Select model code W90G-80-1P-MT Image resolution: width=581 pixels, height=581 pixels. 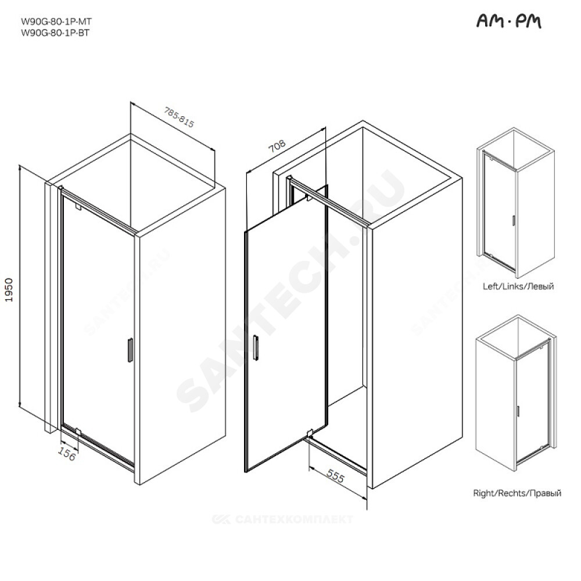click(x=56, y=21)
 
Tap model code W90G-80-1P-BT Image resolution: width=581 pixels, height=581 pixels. click(x=55, y=33)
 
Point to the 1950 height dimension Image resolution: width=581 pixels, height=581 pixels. click(x=9, y=290)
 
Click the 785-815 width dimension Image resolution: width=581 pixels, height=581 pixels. click(x=180, y=117)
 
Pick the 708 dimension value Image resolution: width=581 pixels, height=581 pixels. click(x=277, y=146)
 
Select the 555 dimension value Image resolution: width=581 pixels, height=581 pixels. click(x=335, y=476)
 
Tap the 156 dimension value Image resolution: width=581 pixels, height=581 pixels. click(x=67, y=454)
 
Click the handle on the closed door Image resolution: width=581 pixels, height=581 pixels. click(x=130, y=350)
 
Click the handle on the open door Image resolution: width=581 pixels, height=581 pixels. click(x=256, y=347)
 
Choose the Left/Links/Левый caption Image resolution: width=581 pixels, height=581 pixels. click(x=518, y=286)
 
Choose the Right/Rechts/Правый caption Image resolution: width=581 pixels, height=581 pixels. click(x=517, y=493)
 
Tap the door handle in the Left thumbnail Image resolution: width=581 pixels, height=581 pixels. click(x=514, y=220)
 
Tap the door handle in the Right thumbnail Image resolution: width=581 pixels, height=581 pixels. click(x=518, y=411)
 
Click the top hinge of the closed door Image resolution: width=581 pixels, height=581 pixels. click(x=78, y=206)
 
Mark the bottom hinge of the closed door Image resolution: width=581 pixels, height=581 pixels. click(x=78, y=431)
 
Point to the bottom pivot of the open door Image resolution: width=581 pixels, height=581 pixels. click(x=310, y=432)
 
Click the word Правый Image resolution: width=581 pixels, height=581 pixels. click(x=545, y=493)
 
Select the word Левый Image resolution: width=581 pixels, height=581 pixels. click(x=540, y=286)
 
